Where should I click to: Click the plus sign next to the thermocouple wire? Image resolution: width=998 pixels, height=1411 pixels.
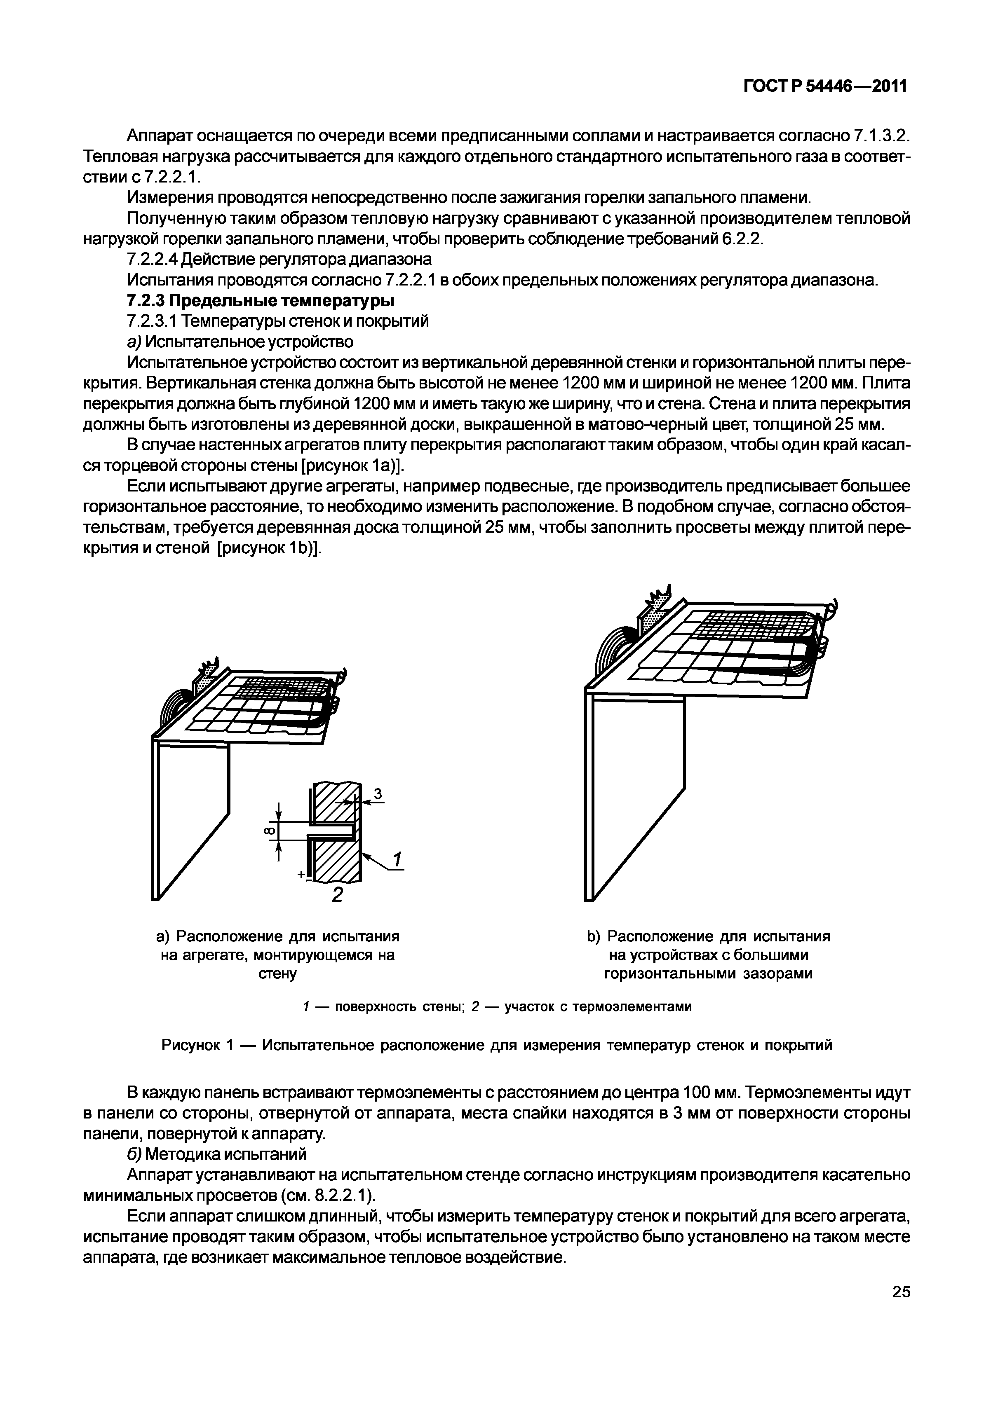tap(301, 875)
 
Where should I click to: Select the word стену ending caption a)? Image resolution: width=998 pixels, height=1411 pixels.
tap(278, 974)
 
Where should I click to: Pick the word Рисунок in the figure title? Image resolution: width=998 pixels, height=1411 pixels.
tap(193, 1045)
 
